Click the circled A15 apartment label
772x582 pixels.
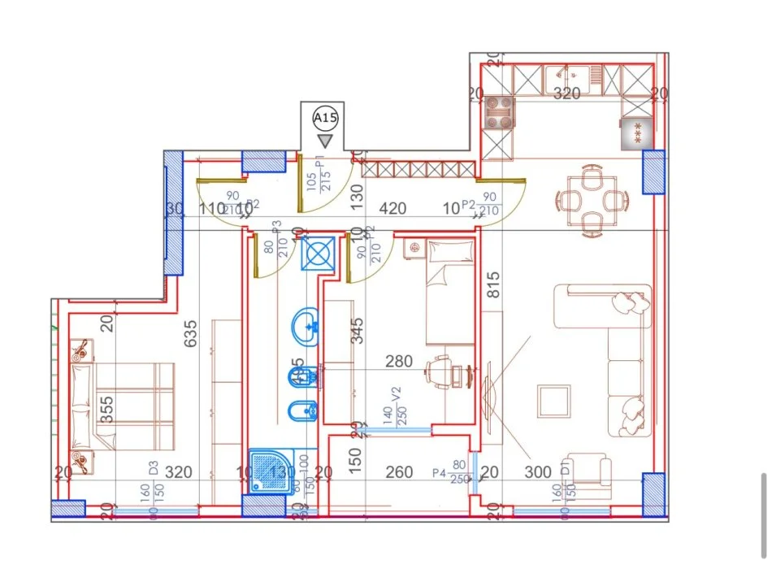pyautogui.click(x=325, y=119)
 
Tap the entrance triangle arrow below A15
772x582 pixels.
pyautogui.click(x=325, y=141)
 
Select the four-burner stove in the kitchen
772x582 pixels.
pyautogui.click(x=499, y=113)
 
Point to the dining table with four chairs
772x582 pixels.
pyautogui.click(x=592, y=199)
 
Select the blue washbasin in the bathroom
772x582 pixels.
pyautogui.click(x=306, y=326)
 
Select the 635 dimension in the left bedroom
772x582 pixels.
pyautogui.click(x=192, y=334)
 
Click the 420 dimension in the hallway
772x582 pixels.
pyautogui.click(x=393, y=209)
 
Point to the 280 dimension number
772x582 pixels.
pyautogui.click(x=399, y=361)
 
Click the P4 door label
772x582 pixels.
pyautogui.click(x=440, y=473)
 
